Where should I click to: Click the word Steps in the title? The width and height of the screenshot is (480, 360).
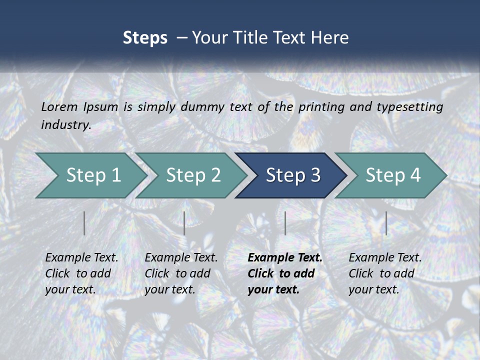coord(145,38)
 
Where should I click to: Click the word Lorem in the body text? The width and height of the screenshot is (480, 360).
coord(59,106)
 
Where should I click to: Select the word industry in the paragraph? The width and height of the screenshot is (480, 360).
coord(65,124)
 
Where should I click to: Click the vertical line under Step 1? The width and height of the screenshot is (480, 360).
coord(84,223)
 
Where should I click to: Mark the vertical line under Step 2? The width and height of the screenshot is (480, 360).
coord(184,223)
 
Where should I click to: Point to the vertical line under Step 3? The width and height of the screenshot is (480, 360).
coord(285,223)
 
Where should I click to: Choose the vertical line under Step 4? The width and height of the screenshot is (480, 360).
coord(386,223)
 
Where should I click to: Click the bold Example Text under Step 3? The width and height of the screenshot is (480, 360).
coord(285,258)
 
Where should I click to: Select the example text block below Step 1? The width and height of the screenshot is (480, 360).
coord(81,273)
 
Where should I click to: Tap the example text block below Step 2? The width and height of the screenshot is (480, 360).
coord(181,273)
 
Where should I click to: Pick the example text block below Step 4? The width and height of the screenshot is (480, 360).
coord(385,273)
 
